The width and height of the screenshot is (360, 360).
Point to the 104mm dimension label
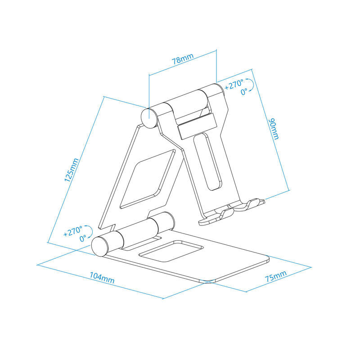(102, 278)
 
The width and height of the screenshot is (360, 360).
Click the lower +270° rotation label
(72, 232)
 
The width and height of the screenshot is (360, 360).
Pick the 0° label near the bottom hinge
(83, 239)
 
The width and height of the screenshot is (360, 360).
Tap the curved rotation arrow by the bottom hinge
(90, 231)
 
